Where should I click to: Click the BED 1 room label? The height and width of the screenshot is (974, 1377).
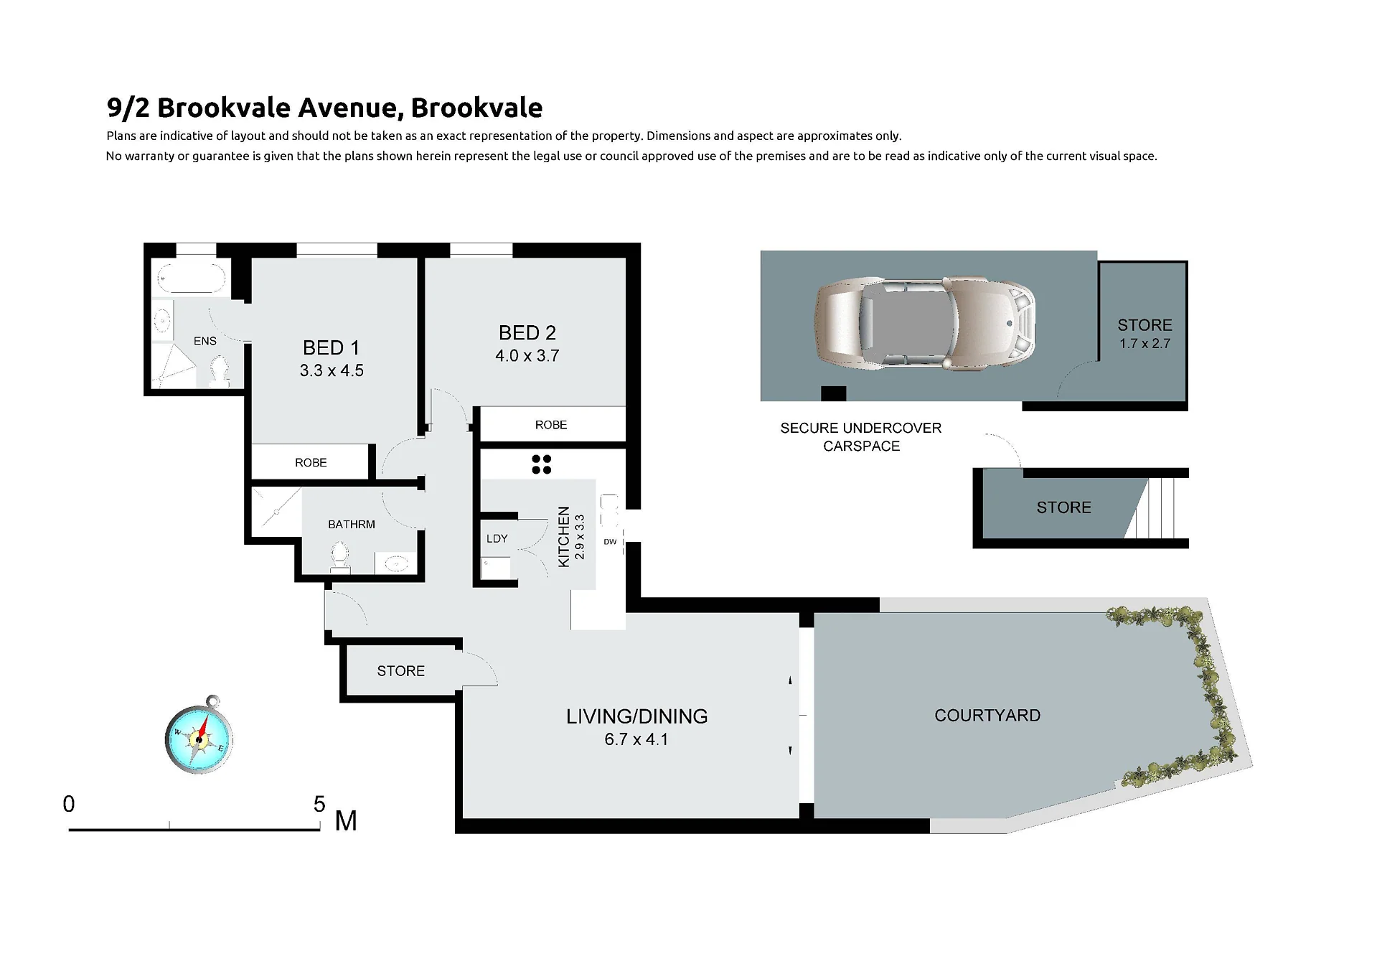331,348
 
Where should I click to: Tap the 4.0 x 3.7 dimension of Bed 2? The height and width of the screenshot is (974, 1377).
527,356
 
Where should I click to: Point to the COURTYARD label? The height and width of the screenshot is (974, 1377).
987,716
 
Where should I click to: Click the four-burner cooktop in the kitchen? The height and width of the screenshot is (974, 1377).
542,464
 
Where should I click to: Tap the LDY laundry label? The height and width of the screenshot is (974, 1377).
497,538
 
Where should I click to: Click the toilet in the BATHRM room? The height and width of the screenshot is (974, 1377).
340,556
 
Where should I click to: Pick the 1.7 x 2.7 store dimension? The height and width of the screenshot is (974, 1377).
1145,344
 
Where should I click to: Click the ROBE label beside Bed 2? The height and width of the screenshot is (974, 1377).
551,425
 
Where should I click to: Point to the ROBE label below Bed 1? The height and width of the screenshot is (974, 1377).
311,463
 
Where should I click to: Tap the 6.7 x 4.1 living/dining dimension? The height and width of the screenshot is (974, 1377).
636,739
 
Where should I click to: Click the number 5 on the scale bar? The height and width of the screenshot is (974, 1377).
319,804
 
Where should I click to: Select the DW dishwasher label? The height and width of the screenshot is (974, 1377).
610,542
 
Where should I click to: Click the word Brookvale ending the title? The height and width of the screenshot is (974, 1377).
476,108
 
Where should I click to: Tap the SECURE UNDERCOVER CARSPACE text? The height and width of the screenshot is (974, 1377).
861,437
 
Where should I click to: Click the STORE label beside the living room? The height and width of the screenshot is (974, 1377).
401,671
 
